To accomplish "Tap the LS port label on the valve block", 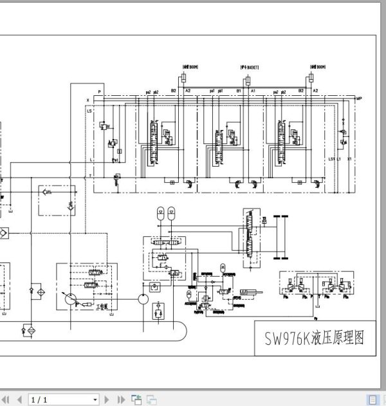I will [89, 110].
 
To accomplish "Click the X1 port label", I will [349, 158].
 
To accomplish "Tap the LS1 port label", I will [332, 158].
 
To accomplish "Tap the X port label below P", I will [88, 101].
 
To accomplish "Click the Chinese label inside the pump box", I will [101, 307].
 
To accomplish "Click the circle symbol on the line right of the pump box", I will [142, 299].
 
